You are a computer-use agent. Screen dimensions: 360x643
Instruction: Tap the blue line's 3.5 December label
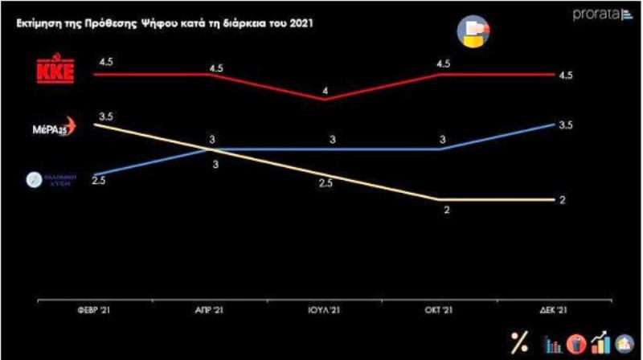pyautogui.click(x=565, y=125)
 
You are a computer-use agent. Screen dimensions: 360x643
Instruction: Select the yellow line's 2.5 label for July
pyautogui.click(x=325, y=184)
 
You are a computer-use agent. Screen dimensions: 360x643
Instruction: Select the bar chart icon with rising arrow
pyautogui.click(x=599, y=342)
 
